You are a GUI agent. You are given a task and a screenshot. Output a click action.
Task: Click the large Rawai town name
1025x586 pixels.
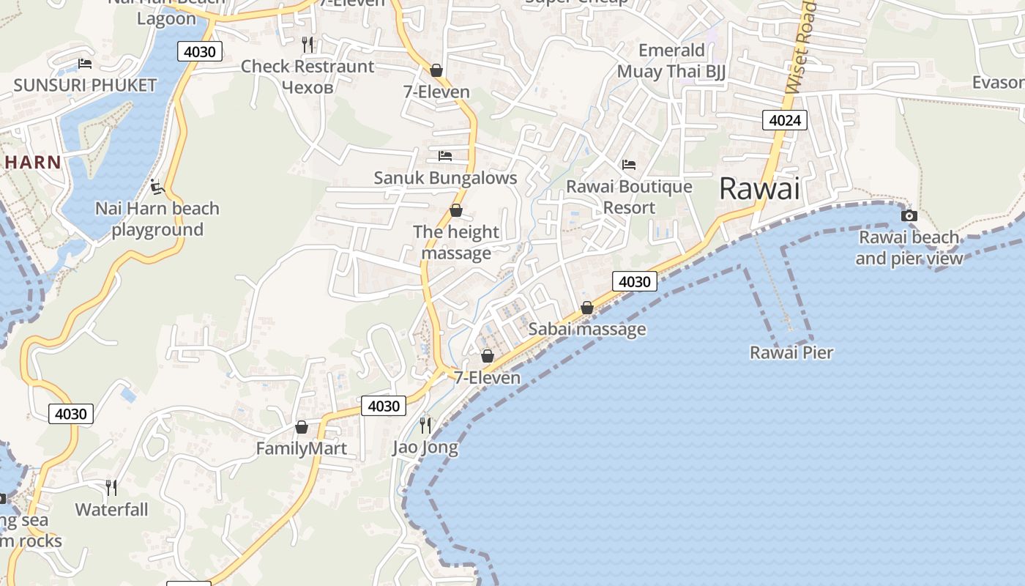[x=759, y=189]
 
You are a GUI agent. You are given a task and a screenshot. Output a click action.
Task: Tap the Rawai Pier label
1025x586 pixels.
[x=791, y=353]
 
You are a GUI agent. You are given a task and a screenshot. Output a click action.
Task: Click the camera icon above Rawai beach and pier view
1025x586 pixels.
[x=909, y=215]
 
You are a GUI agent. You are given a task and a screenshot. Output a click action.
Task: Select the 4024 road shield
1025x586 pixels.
[x=784, y=120]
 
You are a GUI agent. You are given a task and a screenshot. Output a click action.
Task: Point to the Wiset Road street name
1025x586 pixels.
[x=802, y=48]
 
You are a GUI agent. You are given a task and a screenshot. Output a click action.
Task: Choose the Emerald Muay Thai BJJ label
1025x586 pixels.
[x=671, y=61]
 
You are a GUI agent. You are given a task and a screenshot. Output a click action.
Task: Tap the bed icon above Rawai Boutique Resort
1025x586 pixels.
[x=629, y=165]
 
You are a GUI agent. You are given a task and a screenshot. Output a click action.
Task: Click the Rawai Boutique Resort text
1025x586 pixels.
[x=629, y=197]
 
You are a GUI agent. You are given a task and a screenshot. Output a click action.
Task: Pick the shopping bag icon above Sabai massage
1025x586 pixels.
[x=587, y=308]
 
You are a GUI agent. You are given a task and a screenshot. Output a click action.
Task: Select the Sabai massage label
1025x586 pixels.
[x=587, y=330]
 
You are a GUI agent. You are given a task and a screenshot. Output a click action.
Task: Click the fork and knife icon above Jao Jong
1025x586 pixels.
[x=425, y=425]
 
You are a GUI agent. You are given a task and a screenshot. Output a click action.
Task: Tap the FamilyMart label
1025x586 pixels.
[x=301, y=448]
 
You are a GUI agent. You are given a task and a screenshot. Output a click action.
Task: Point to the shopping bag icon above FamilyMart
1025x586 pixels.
[x=301, y=427]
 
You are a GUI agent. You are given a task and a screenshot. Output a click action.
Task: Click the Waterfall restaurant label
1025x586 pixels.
[x=111, y=510]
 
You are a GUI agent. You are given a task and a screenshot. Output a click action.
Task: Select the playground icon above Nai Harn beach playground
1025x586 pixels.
[x=157, y=188]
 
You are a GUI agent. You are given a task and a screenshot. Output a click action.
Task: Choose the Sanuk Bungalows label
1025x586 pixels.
[x=445, y=178]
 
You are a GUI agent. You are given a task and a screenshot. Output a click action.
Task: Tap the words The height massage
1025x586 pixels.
[x=456, y=242]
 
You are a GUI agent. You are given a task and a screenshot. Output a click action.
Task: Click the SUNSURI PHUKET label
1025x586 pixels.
[x=85, y=85]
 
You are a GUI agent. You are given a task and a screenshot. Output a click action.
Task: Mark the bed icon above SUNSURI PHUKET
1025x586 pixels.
[x=85, y=64]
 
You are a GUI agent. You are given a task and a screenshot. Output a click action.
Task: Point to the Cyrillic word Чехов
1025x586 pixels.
[x=307, y=87]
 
